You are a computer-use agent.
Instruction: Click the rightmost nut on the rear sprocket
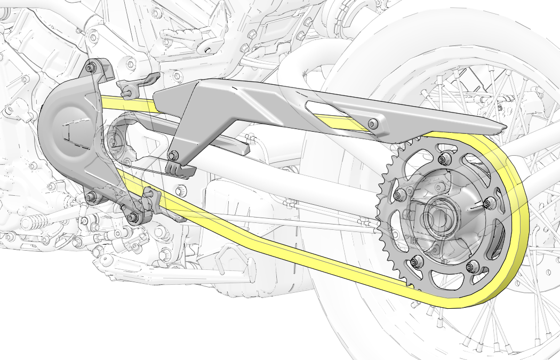(489, 203)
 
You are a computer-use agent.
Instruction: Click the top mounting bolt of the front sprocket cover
(90, 68)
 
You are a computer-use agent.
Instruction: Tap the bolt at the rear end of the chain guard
(373, 124)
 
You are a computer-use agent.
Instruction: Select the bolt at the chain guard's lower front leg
(173, 156)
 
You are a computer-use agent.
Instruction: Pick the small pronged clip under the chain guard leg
(179, 169)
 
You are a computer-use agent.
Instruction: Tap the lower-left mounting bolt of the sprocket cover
(90, 197)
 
